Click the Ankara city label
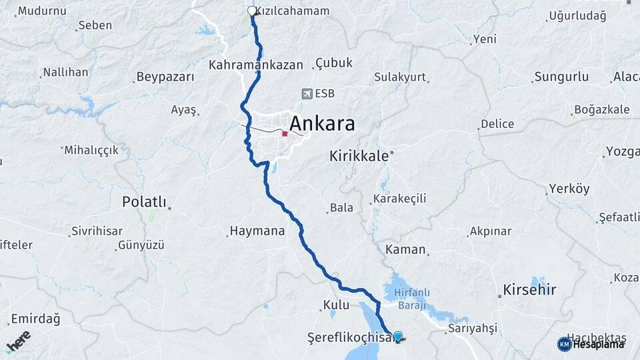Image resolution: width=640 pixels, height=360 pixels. click(x=321, y=125)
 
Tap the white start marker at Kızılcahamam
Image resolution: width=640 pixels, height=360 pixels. click(x=252, y=11)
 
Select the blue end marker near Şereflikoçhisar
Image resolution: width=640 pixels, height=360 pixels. click(x=398, y=337)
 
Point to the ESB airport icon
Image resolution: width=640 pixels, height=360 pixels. click(x=307, y=94)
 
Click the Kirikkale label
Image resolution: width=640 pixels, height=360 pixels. click(x=359, y=156)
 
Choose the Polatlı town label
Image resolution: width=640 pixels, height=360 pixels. click(x=143, y=202)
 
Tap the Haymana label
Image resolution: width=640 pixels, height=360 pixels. click(x=257, y=231)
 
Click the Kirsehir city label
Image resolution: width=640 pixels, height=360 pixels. click(x=527, y=289)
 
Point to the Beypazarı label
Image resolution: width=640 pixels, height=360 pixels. click(x=164, y=77)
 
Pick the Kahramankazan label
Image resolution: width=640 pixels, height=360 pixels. click(x=256, y=65)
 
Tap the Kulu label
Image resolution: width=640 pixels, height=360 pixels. click(x=336, y=305)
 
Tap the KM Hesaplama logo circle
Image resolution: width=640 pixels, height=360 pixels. click(x=564, y=343)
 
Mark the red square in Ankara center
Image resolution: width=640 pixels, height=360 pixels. click(x=285, y=133)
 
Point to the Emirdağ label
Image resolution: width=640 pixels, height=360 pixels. click(x=35, y=319)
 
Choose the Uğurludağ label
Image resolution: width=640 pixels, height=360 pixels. click(x=577, y=16)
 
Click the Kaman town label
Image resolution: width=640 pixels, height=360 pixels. click(x=405, y=249)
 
